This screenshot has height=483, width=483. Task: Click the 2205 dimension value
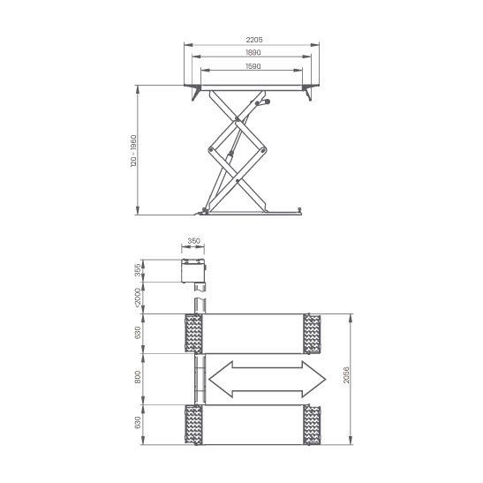point(254,40)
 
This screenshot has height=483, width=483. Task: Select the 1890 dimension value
point(253,53)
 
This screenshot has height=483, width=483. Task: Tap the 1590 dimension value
point(253,66)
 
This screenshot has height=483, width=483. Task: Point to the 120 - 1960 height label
point(133,151)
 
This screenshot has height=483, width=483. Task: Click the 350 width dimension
point(193,241)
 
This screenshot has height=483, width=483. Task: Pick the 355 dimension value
point(138,269)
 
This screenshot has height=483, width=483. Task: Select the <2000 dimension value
point(138,297)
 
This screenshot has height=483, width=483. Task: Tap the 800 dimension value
point(138,377)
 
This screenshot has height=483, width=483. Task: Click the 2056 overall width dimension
point(346,375)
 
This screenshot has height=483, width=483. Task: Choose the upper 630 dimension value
point(138,333)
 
